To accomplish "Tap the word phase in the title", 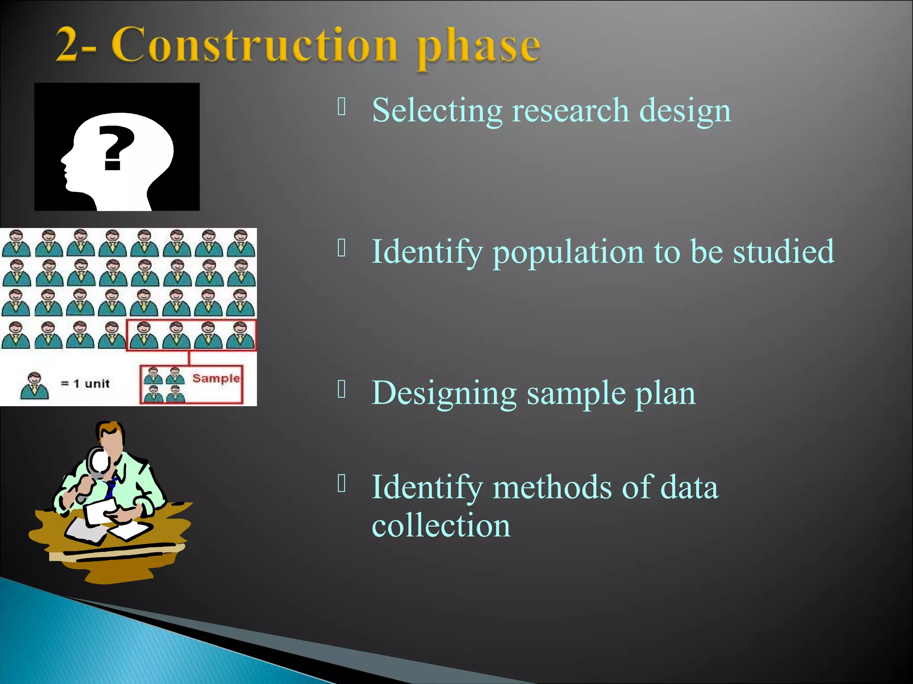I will click(x=478, y=47).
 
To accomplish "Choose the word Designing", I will click(x=444, y=394).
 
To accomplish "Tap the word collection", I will click(x=441, y=525).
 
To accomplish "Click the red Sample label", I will click(x=216, y=378).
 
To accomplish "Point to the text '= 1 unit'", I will click(x=85, y=383).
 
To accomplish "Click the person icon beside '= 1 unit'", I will click(x=34, y=386).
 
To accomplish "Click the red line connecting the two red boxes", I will click(x=189, y=358).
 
